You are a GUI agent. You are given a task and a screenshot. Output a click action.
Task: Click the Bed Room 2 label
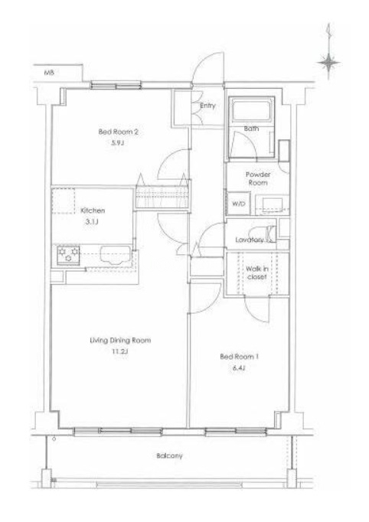[x=118, y=132]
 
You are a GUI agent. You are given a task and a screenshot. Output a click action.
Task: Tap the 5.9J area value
[x=119, y=143]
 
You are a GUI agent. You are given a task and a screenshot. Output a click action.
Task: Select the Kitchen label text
[x=93, y=210]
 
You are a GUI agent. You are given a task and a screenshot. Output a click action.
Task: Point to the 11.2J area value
[x=120, y=351]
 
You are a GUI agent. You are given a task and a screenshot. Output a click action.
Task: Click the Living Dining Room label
[x=120, y=341]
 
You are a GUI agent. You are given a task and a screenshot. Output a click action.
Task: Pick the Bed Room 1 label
[x=239, y=357]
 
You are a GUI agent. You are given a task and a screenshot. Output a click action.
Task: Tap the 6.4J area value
[x=239, y=368]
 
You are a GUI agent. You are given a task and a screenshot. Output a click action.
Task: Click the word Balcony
[x=169, y=455]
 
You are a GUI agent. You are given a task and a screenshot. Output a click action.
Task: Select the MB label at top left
[x=49, y=72]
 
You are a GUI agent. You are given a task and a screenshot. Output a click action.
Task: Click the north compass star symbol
[x=329, y=62]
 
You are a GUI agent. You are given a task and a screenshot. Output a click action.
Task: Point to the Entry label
[x=207, y=106]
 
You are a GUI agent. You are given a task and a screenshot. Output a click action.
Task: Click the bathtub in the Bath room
[x=251, y=109]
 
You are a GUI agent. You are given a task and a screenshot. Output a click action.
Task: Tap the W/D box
[x=238, y=204]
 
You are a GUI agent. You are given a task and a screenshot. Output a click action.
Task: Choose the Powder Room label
[x=258, y=178]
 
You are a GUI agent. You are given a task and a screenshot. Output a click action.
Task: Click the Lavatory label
[x=249, y=240]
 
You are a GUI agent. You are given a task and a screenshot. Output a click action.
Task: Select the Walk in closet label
[x=257, y=272]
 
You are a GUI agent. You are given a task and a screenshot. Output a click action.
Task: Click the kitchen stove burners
[x=68, y=255]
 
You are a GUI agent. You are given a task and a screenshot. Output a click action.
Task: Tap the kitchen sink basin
[x=116, y=255]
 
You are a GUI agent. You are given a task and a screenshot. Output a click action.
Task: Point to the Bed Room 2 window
[x=116, y=86]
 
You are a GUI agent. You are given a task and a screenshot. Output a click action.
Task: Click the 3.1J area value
[x=92, y=222]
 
